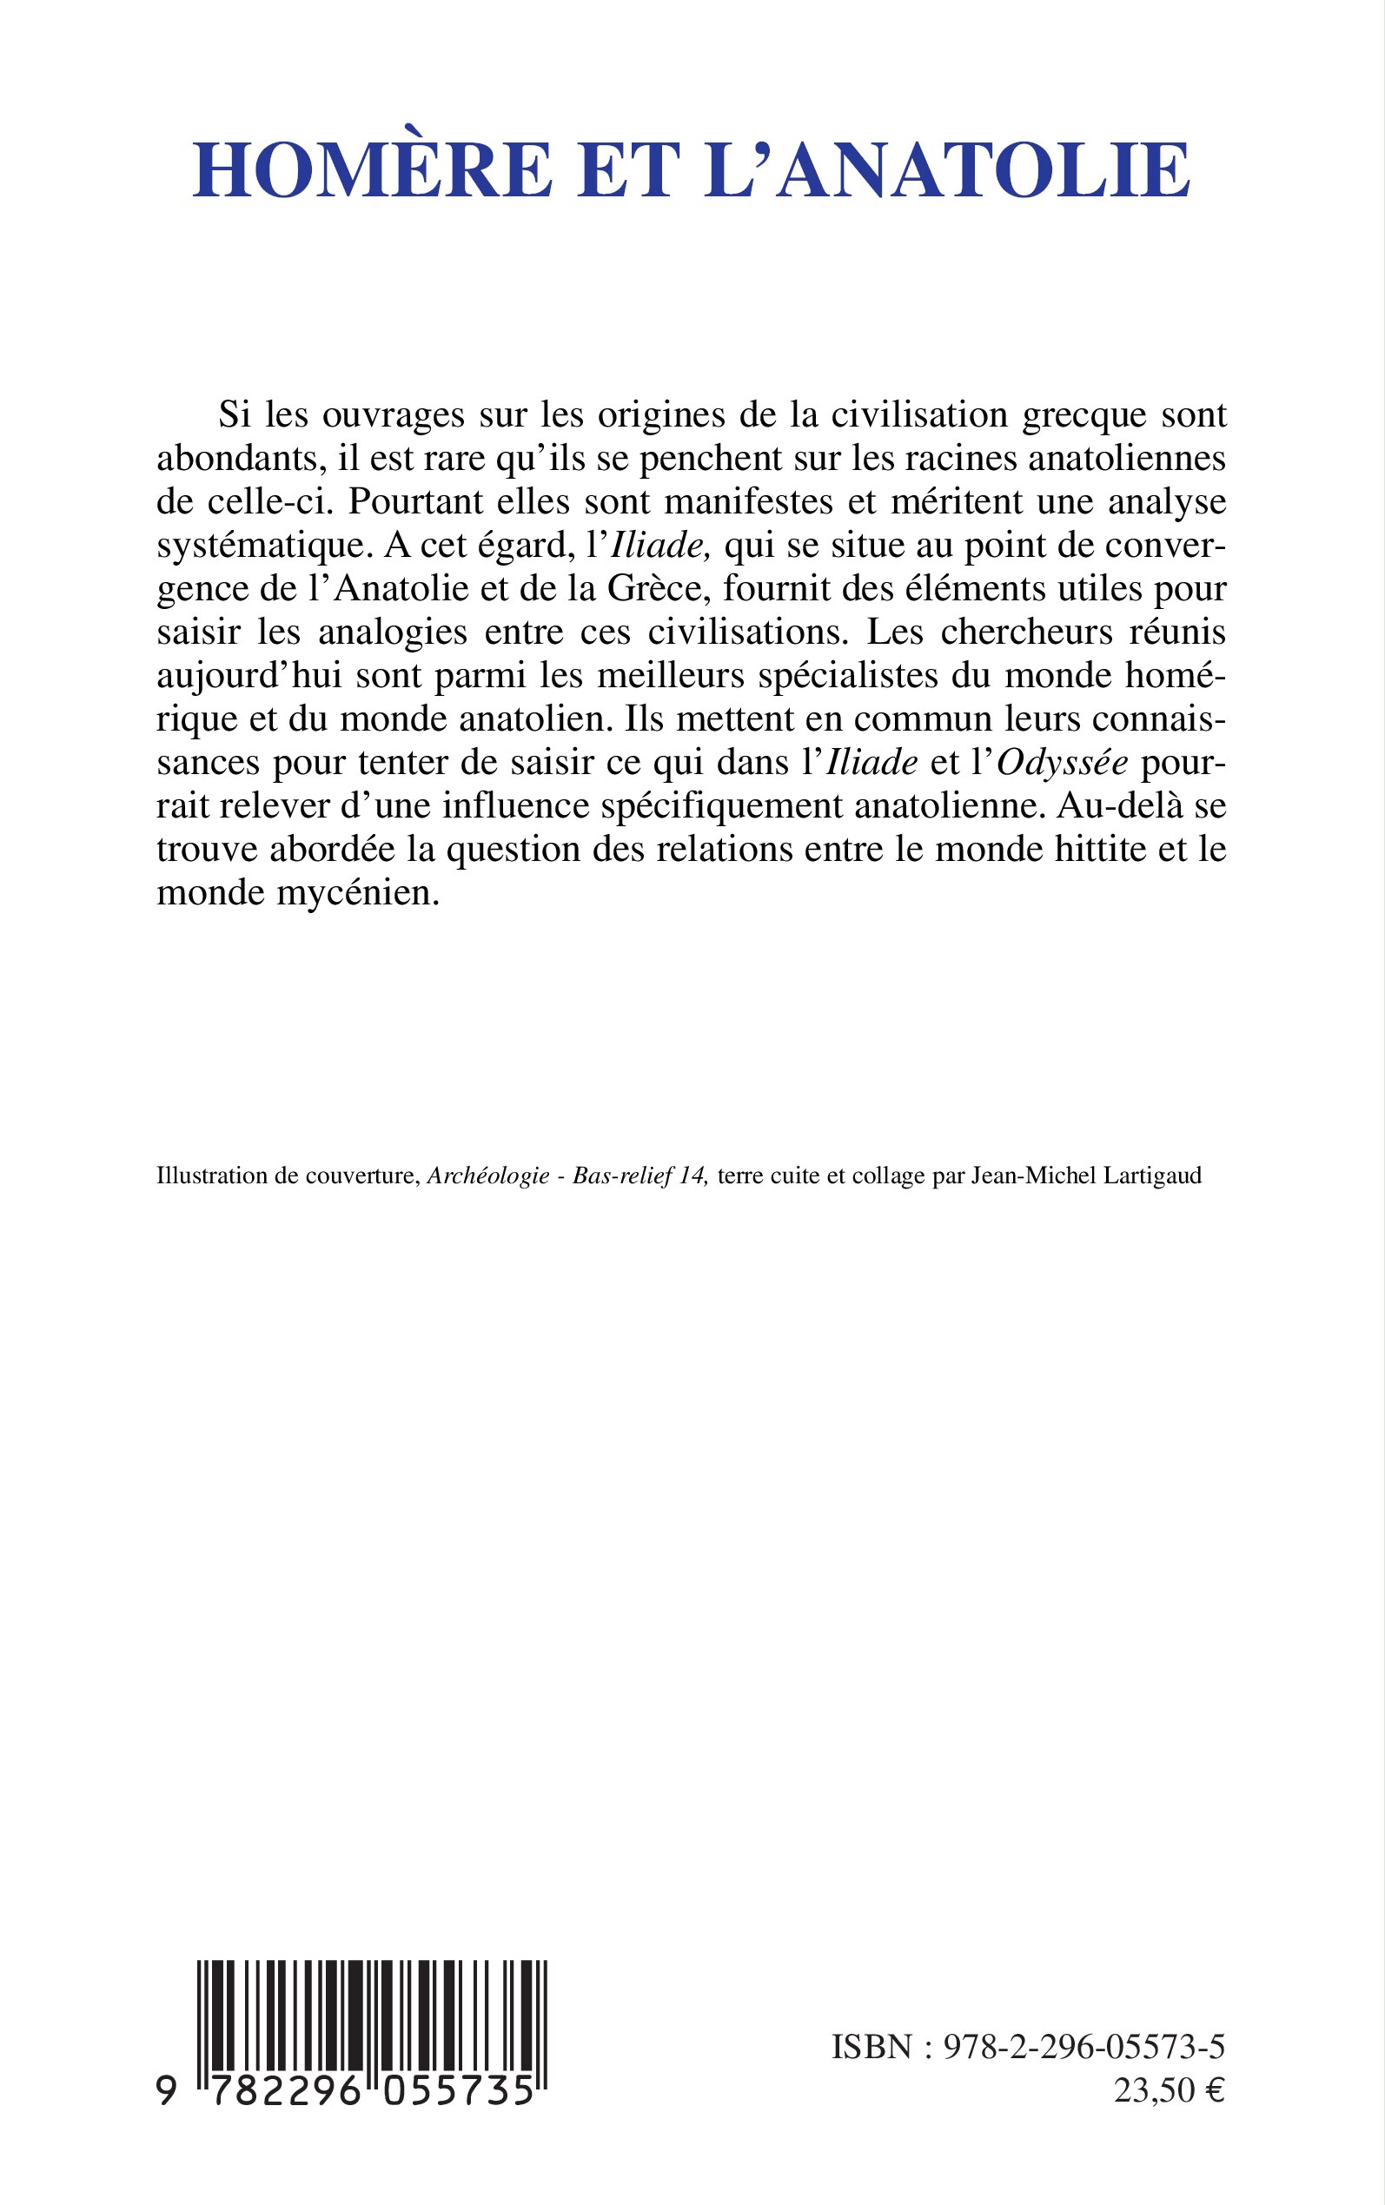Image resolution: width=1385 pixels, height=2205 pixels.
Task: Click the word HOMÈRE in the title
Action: click(x=372, y=171)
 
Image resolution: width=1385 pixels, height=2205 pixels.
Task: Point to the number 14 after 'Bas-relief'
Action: click(x=693, y=1175)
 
